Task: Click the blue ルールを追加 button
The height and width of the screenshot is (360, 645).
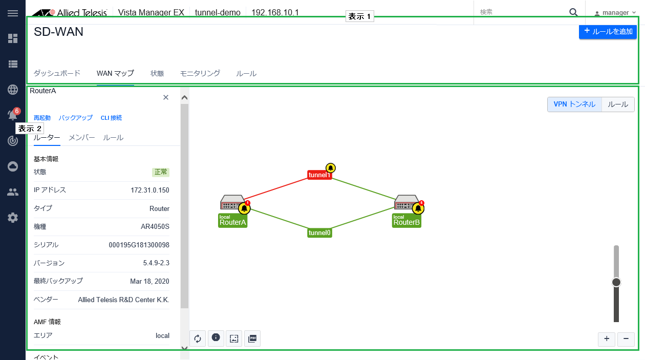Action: (x=608, y=31)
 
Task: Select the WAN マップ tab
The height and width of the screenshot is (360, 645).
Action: (x=115, y=73)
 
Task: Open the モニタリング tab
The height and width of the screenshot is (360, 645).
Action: (x=200, y=73)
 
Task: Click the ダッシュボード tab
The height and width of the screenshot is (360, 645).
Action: (x=57, y=73)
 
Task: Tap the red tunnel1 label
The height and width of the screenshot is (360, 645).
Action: (x=319, y=175)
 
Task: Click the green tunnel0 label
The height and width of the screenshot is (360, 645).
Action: (x=319, y=232)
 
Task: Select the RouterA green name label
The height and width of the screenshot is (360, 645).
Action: (x=232, y=221)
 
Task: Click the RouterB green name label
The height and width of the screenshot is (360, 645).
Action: (x=406, y=221)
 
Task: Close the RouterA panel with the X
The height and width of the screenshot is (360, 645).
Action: (x=165, y=97)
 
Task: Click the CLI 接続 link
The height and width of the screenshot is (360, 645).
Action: (x=111, y=118)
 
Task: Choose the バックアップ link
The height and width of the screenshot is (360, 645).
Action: (x=75, y=118)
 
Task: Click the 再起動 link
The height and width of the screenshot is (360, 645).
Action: (x=42, y=118)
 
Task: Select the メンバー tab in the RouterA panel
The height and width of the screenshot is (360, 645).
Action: (x=82, y=138)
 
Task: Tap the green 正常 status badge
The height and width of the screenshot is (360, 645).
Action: (x=161, y=172)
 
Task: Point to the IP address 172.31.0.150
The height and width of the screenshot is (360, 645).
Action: (x=149, y=190)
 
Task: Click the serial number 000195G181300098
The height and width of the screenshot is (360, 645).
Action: (x=139, y=245)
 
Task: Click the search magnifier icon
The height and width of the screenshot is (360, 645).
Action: (x=573, y=12)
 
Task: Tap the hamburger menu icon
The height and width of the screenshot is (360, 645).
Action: (x=13, y=13)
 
